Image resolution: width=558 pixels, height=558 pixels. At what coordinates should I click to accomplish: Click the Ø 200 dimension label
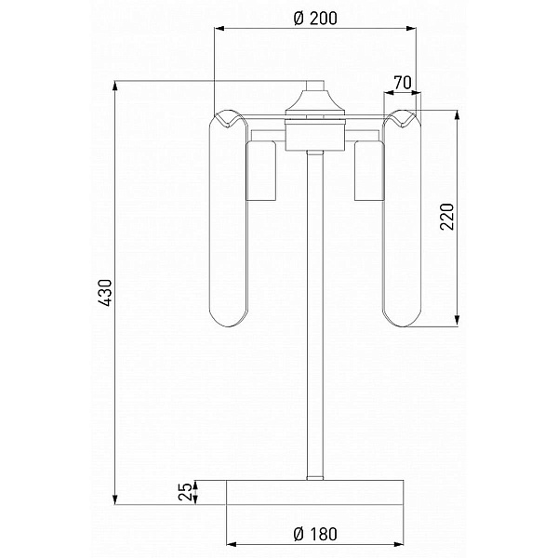[315, 19]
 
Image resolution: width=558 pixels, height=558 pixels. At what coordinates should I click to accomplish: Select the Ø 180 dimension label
[315, 534]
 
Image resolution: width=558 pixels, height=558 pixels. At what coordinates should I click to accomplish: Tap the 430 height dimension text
[106, 293]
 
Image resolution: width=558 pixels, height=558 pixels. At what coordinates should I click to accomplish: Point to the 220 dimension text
[447, 217]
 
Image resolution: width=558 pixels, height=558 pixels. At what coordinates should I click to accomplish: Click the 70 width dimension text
[403, 83]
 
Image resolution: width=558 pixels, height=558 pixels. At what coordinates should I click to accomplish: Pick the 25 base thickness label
[185, 492]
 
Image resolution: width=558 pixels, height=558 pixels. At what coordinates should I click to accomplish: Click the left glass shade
[229, 219]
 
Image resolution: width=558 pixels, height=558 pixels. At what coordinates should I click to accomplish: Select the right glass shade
[402, 219]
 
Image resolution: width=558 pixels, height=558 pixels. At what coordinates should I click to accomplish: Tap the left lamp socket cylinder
[261, 171]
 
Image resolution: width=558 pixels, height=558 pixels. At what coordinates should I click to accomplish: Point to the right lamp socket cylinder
[369, 170]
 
